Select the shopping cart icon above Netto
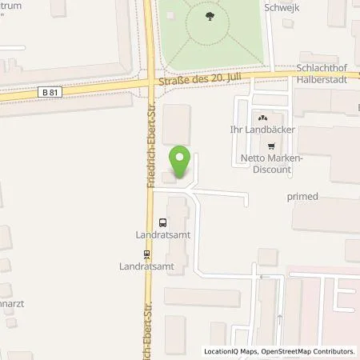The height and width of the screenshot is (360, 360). pos(274,146)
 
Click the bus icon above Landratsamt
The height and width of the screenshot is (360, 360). pos(163,223)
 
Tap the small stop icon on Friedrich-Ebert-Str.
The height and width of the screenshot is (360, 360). pos(146,255)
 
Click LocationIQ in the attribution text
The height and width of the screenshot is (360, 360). pos(222,351)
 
